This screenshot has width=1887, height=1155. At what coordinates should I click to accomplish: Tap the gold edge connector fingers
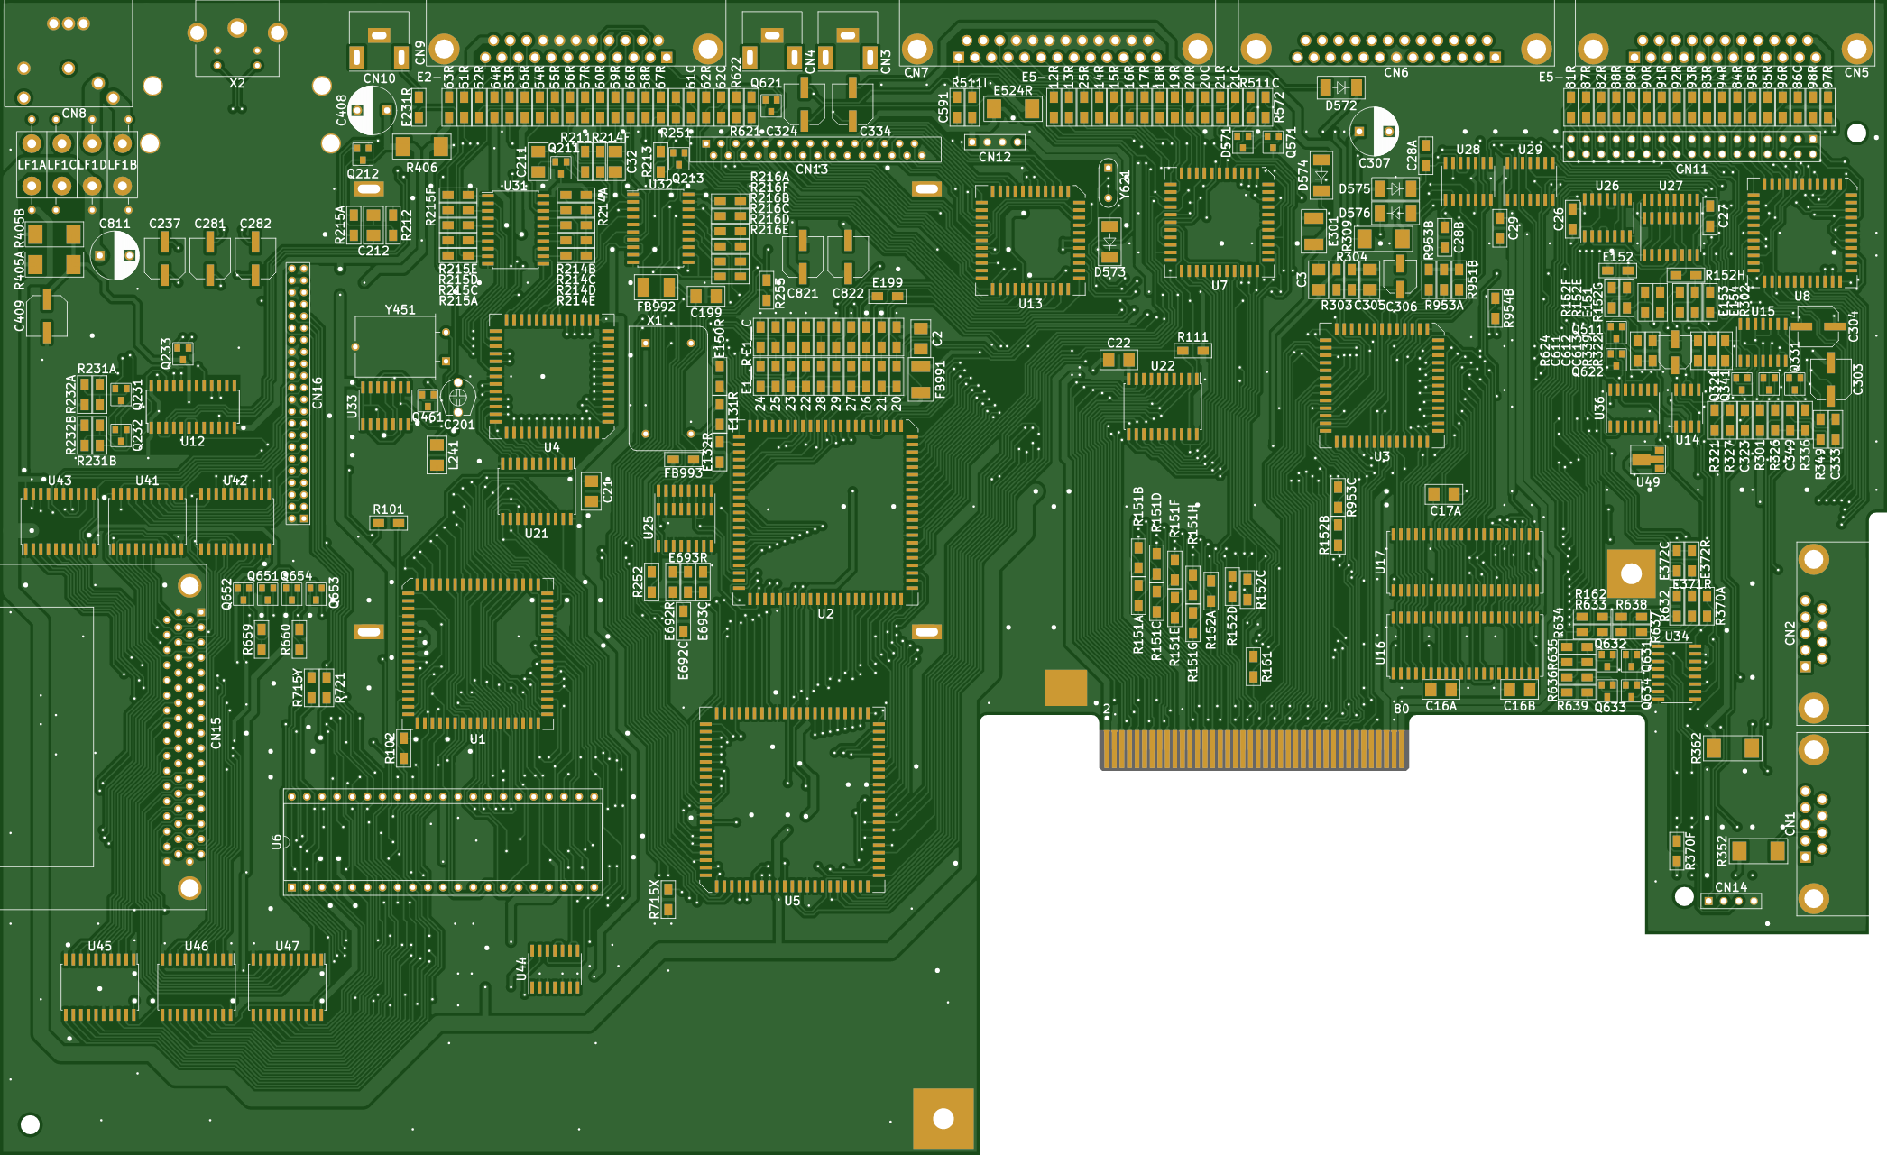1254,748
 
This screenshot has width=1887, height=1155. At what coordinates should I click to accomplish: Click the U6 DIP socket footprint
443,842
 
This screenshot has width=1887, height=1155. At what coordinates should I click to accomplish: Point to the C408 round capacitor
371,110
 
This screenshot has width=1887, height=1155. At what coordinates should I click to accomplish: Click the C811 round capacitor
115,255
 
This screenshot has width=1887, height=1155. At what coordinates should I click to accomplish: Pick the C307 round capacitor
1374,132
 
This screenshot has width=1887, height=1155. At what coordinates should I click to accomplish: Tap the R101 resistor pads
389,523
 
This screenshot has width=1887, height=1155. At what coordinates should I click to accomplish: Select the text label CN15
216,732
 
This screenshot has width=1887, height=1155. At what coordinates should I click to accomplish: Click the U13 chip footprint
1030,240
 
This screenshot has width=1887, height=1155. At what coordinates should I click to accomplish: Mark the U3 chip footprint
1381,386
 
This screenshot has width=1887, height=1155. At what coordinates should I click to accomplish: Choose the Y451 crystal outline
395,346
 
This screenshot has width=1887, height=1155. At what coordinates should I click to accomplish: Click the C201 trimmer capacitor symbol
457,396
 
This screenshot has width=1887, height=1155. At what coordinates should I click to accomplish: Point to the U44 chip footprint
554,968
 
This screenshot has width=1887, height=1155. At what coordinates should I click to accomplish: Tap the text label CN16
318,392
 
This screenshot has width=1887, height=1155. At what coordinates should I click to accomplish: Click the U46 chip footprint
197,987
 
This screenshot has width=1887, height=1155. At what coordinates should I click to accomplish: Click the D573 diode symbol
1109,243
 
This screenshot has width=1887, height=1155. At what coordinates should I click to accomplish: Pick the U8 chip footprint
1801,233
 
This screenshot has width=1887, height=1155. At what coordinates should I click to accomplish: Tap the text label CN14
1731,887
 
